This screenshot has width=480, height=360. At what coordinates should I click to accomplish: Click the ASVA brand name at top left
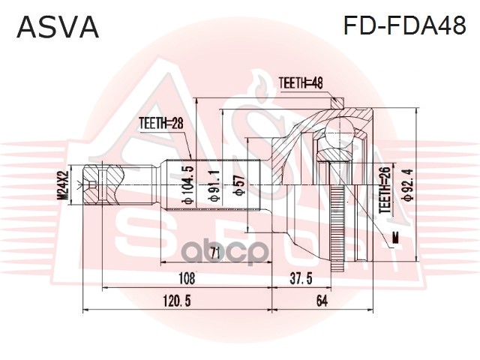click(x=58, y=27)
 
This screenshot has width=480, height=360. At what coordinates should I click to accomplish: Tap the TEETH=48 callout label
click(x=301, y=83)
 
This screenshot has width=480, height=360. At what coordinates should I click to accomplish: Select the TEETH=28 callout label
click(x=161, y=123)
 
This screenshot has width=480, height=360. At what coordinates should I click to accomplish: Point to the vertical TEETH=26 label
click(x=385, y=190)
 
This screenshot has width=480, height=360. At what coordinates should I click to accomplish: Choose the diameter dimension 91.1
click(x=214, y=186)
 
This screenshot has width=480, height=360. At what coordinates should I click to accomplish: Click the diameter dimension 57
click(x=238, y=185)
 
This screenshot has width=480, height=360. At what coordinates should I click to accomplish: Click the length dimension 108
click(x=187, y=279)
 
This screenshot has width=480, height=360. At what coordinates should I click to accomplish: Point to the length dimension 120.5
click(x=177, y=301)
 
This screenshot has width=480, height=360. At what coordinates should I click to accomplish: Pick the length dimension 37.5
click(x=301, y=279)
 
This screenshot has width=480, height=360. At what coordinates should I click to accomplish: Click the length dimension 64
click(x=322, y=301)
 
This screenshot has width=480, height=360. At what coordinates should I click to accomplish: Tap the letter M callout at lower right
click(x=396, y=237)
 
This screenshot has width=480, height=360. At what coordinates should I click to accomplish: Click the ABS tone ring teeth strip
click(x=337, y=228)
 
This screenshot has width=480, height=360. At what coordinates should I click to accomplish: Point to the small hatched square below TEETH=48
click(x=337, y=103)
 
